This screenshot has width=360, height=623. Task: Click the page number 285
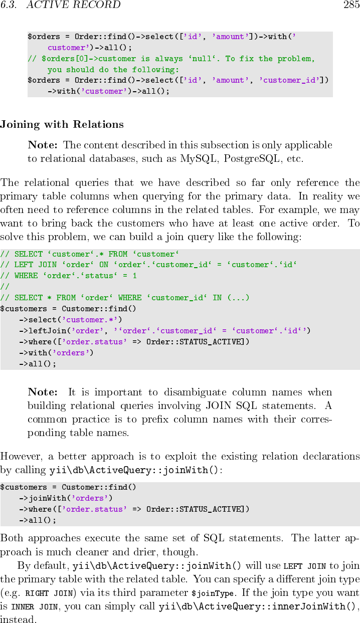click(x=351, y=5)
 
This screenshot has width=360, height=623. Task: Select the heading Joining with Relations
click(x=62, y=124)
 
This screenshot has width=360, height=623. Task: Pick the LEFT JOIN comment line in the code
click(x=148, y=265)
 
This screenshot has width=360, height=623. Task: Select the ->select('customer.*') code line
click(x=71, y=320)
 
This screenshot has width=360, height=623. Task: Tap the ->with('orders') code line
click(x=56, y=352)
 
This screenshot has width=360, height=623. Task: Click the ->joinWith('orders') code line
click(x=66, y=498)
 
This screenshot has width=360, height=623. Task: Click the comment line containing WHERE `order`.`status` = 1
click(x=69, y=276)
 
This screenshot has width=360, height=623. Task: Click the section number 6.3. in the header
click(x=8, y=5)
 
